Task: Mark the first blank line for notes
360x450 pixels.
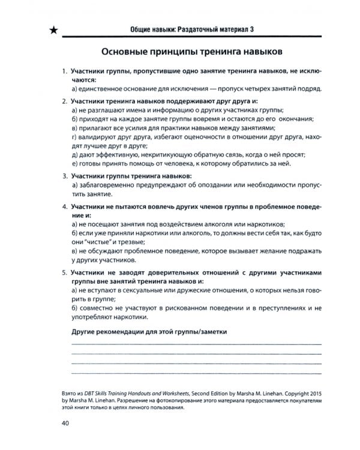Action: coord(196,344)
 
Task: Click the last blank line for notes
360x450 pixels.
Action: coord(196,373)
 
